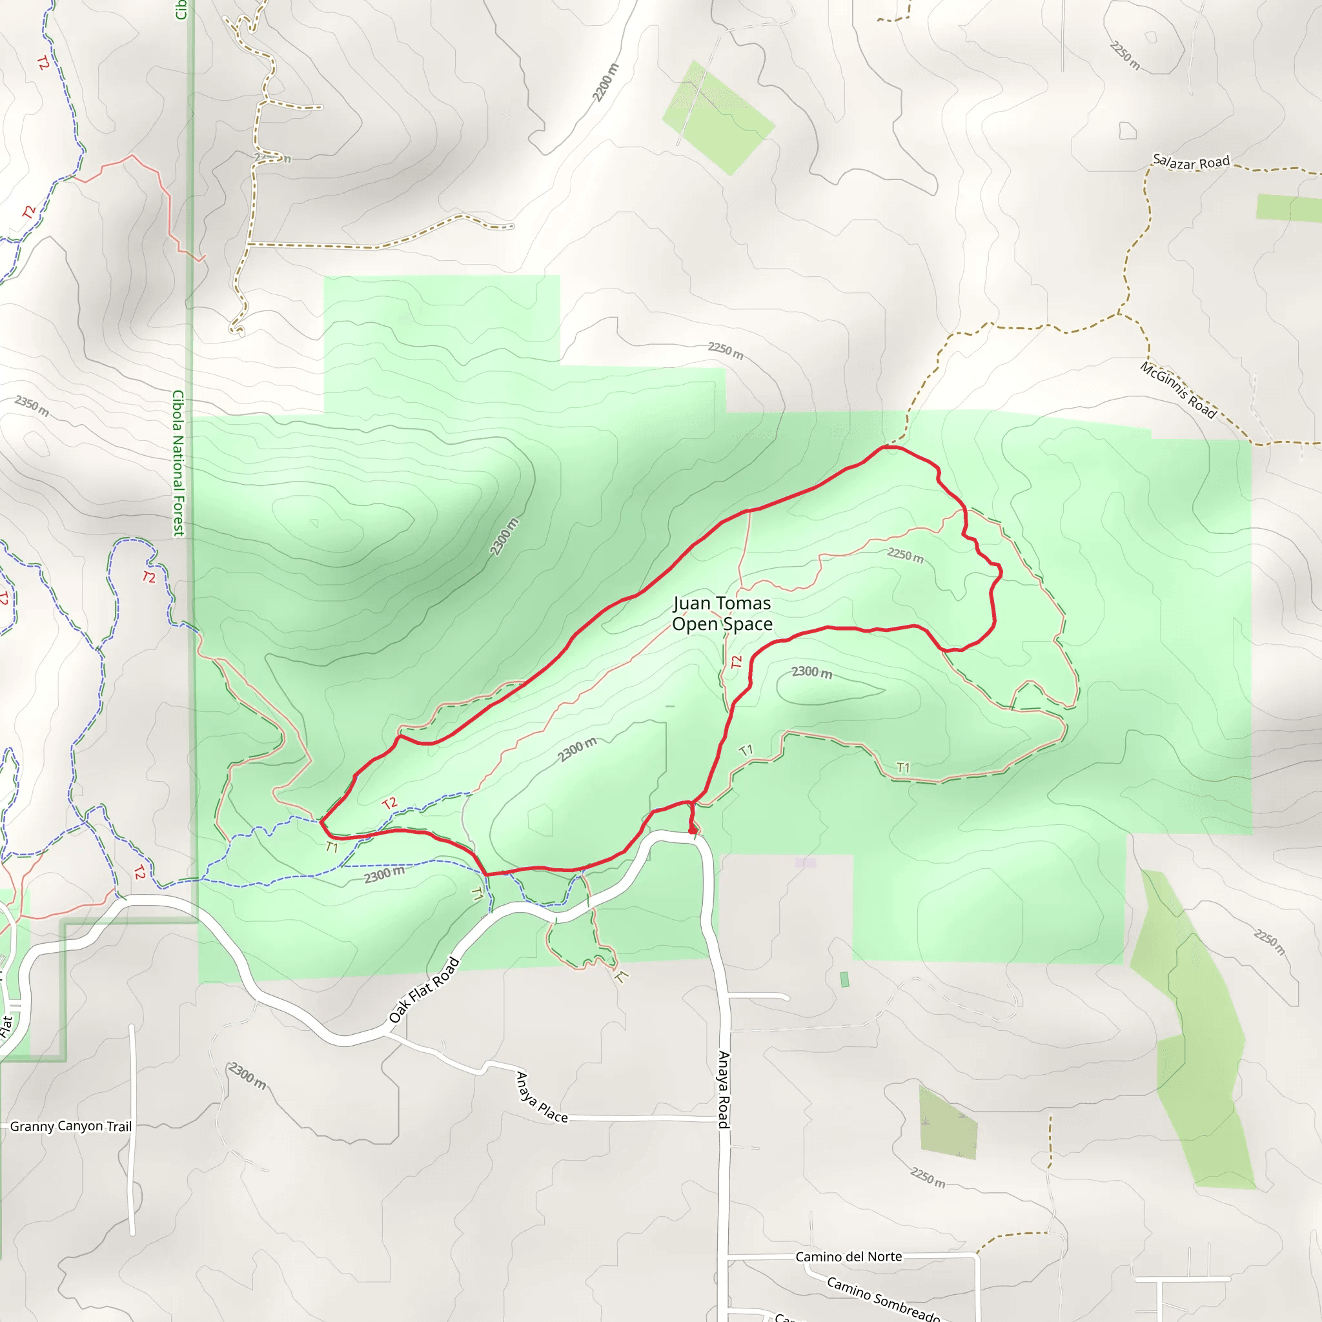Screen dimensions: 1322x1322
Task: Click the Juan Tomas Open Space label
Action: pyautogui.click(x=722, y=613)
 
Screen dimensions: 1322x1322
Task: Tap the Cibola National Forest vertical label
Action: pyautogui.click(x=178, y=463)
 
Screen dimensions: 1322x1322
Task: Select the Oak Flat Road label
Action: pyautogui.click(x=423, y=990)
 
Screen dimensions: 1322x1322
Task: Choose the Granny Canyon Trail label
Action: pyautogui.click(x=70, y=1126)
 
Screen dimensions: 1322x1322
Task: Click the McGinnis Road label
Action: pyautogui.click(x=1177, y=389)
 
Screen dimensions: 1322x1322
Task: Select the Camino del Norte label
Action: pyautogui.click(x=848, y=1256)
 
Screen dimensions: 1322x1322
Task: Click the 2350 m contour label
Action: pyautogui.click(x=32, y=406)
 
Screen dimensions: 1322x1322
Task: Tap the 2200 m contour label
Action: pyautogui.click(x=605, y=83)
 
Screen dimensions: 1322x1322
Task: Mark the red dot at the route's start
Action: pyautogui.click(x=693, y=831)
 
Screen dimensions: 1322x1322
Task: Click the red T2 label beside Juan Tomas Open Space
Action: pyautogui.click(x=737, y=662)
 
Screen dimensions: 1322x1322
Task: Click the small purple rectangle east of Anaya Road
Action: pyautogui.click(x=806, y=862)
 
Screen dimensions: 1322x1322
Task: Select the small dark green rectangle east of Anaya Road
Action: pyautogui.click(x=844, y=979)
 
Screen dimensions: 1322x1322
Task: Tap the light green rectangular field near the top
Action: pyautogui.click(x=718, y=117)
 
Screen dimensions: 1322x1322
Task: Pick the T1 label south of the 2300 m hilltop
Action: pyautogui.click(x=903, y=768)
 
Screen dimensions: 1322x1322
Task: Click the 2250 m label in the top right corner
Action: pyautogui.click(x=1125, y=55)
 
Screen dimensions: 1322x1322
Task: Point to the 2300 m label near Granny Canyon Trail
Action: pyautogui.click(x=247, y=1076)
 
